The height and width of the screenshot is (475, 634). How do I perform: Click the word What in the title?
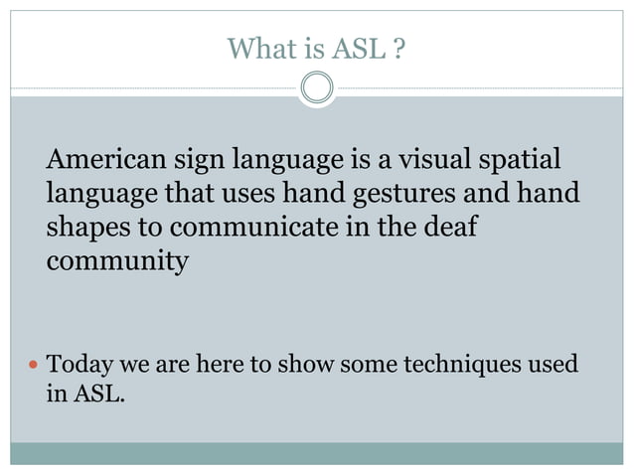tap(256, 47)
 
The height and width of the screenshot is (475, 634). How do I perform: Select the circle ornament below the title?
tap(317, 88)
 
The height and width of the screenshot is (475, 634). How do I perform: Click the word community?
tap(116, 262)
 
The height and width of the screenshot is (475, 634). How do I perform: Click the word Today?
tap(81, 365)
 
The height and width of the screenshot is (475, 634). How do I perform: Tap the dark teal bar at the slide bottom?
tap(317, 453)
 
